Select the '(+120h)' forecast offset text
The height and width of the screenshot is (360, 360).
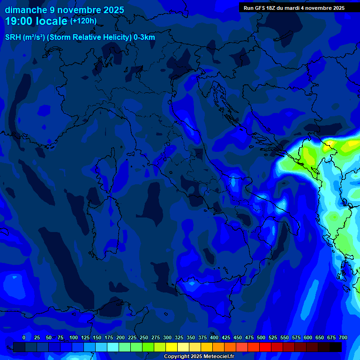[x=83, y=21]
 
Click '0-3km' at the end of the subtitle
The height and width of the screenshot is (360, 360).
[x=144, y=37]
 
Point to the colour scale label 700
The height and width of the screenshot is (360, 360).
[x=343, y=337]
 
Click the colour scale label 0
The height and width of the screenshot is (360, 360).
[x=24, y=337]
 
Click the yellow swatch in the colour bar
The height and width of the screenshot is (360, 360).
[x=172, y=347]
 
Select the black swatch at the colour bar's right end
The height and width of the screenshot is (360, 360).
[x=336, y=347]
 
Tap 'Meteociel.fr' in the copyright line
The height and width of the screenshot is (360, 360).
[x=223, y=357]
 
